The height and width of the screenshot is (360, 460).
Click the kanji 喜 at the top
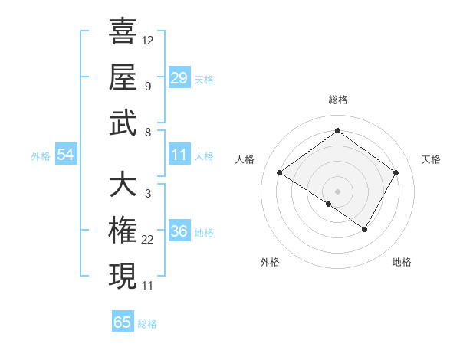point(123,31)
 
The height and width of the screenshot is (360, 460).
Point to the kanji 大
point(123,185)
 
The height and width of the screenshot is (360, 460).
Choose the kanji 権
point(123,231)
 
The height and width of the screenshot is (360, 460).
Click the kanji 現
point(123,277)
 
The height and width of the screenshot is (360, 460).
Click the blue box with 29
point(179,77)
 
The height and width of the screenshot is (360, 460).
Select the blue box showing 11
point(179,155)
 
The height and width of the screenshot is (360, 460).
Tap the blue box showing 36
point(179,231)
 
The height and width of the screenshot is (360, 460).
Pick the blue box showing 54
point(66,155)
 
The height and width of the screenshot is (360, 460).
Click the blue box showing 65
point(123,322)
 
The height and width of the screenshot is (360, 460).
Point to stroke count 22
point(148,240)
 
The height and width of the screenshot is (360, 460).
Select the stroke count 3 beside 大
point(147,194)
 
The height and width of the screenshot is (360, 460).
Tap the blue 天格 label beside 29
point(204,80)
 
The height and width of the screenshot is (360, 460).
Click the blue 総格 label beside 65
point(147,324)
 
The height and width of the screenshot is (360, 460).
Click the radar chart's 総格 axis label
point(337,100)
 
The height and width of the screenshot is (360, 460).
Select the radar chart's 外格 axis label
point(270,263)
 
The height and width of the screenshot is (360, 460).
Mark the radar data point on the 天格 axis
point(396,173)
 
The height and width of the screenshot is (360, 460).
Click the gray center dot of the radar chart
point(337,190)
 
